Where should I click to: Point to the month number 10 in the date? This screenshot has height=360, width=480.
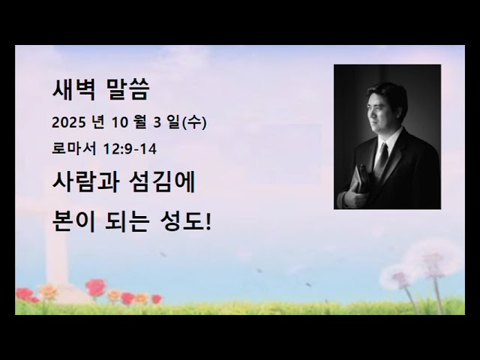click(x=124, y=122)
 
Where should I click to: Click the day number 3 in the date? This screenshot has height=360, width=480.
click(x=158, y=122)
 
